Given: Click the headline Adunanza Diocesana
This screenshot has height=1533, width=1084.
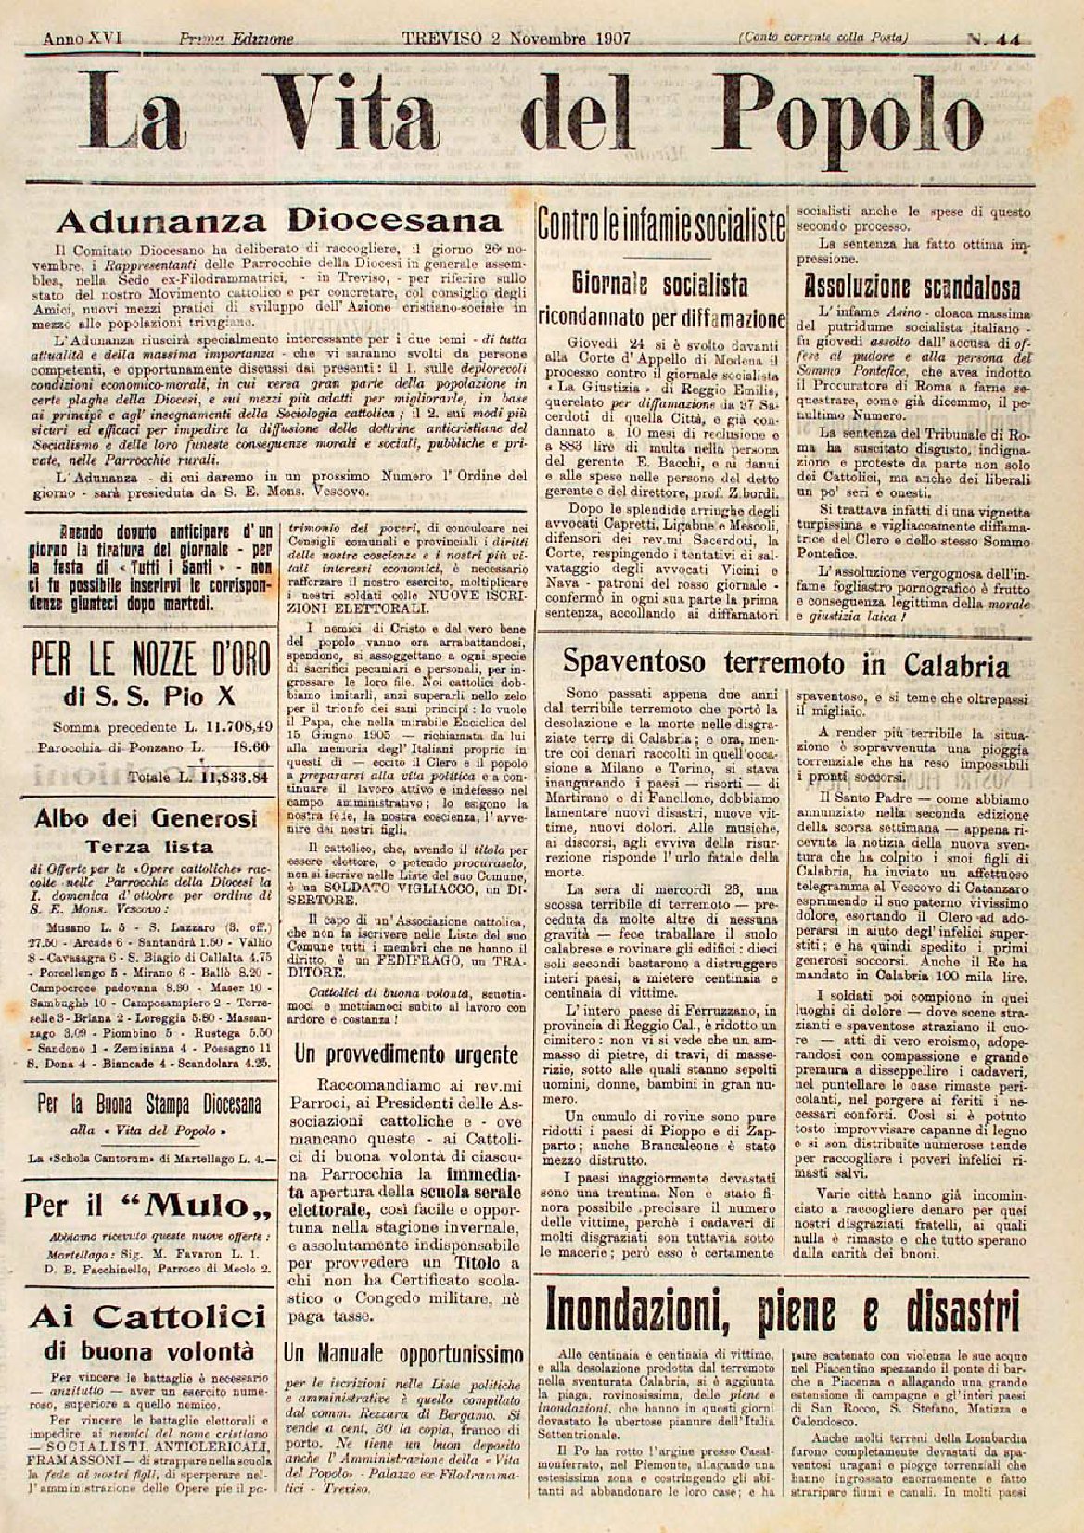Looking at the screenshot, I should [279, 221].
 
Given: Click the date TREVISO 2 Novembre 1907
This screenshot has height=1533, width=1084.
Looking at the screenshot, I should [516, 39].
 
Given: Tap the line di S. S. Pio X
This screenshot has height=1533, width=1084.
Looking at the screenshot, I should [151, 696].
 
